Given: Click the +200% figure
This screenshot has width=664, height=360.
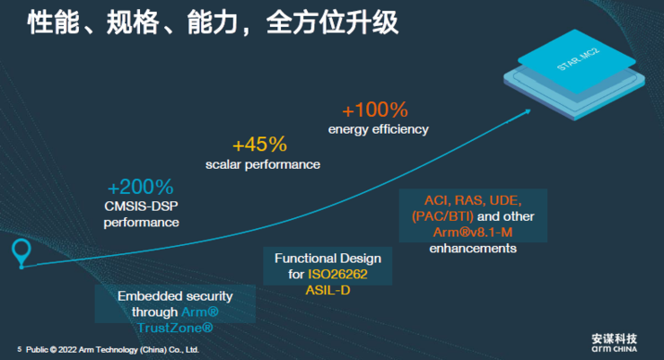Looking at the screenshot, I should (140, 188).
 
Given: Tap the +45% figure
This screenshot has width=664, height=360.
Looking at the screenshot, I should (259, 145).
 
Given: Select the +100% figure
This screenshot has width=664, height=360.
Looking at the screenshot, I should (375, 110).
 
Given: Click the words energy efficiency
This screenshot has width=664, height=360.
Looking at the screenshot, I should (378, 129).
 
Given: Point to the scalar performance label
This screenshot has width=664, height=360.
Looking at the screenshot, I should (263, 164).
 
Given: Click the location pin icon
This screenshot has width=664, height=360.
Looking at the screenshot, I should (21, 251).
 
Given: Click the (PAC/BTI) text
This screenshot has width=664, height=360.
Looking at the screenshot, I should (439, 215).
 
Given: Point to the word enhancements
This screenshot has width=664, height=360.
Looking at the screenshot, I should (473, 248).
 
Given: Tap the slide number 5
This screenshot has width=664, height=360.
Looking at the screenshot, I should (19, 348).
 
